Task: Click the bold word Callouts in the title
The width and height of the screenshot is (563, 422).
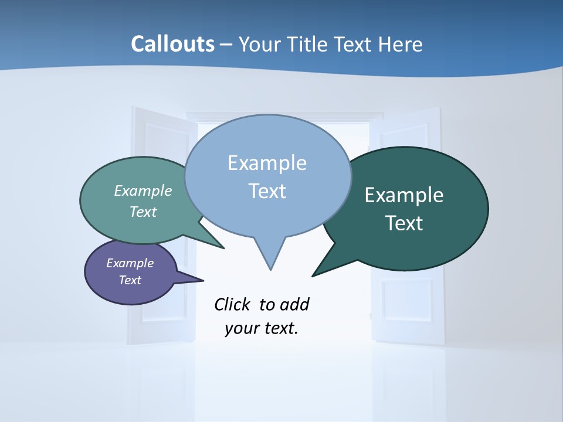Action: tap(172, 44)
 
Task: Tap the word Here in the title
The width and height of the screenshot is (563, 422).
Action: tap(400, 44)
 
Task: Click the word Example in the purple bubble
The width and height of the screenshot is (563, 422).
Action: tap(130, 263)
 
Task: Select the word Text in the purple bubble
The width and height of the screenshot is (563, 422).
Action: tap(130, 280)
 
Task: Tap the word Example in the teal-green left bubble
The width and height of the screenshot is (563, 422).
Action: tap(143, 191)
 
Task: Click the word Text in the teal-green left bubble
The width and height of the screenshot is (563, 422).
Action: tap(143, 212)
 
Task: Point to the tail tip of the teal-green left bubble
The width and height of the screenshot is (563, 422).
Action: tap(223, 248)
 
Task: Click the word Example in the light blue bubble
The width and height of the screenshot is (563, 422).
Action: tap(267, 163)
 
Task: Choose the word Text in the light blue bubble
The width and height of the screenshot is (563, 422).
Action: tap(267, 191)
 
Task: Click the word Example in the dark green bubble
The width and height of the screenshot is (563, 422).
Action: tap(403, 195)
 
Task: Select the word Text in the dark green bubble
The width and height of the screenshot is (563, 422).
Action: tap(403, 223)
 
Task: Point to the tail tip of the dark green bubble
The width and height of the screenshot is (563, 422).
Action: tap(313, 275)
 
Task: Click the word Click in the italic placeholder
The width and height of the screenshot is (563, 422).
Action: tap(233, 305)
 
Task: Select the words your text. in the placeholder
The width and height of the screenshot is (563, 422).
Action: tap(262, 328)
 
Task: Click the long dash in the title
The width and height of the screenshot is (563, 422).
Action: tap(227, 45)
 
